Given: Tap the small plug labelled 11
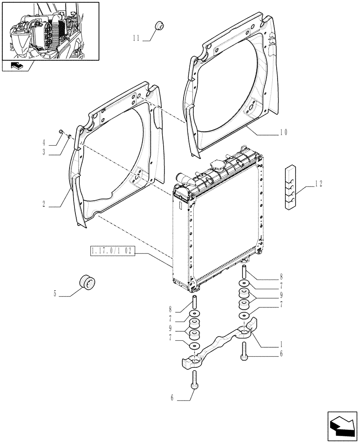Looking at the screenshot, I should point(158,26).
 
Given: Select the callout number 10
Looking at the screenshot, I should point(284,132).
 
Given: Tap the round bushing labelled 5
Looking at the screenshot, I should point(87,282).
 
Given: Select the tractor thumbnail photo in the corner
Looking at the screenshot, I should point(50,31).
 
